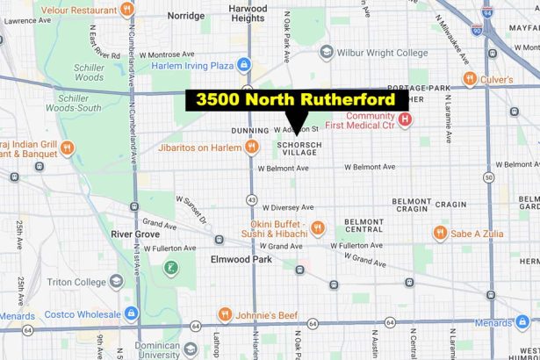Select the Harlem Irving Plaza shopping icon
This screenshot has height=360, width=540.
[243, 65]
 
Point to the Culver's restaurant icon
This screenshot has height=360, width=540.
[470, 79]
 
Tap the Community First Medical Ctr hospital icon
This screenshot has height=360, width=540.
[405, 119]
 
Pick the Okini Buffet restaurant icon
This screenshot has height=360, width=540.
[317, 228]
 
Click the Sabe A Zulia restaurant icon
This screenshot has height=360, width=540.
[441, 234]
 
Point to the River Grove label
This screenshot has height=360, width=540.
[133, 234]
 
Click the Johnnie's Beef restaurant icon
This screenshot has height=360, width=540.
[225, 313]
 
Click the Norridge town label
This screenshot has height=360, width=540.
[185, 16]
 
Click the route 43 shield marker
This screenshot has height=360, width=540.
[252, 200]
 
